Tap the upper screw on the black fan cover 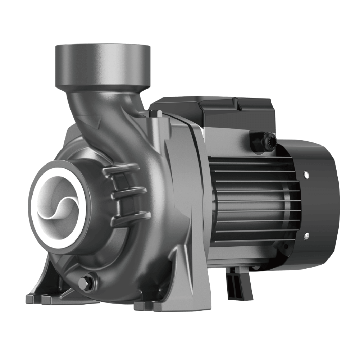click(x=306, y=174)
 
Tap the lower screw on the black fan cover click(x=306, y=236)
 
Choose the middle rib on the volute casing click(x=128, y=192)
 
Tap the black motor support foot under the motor click(x=238, y=286)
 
